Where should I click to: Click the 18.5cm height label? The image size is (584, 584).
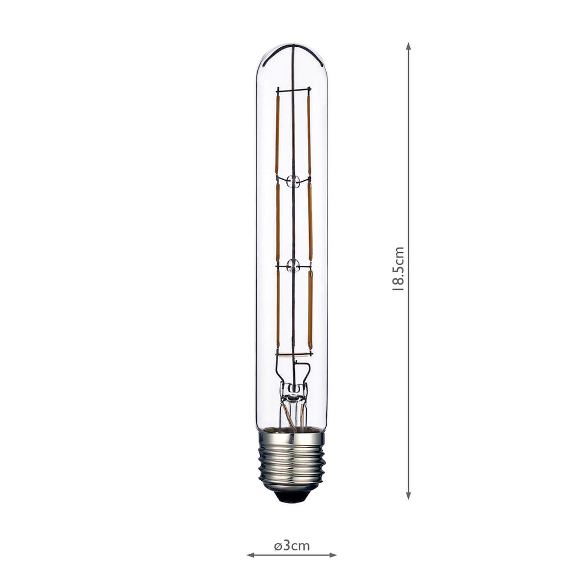(399, 269)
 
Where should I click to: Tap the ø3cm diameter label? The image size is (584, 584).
(291, 546)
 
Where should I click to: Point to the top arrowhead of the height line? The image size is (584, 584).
(408, 46)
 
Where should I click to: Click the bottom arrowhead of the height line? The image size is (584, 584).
(408, 496)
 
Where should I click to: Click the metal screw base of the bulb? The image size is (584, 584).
(291, 461)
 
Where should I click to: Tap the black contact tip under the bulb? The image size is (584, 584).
(291, 497)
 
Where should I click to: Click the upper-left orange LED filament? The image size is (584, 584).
(277, 134)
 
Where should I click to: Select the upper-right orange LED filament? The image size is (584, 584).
(309, 134)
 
